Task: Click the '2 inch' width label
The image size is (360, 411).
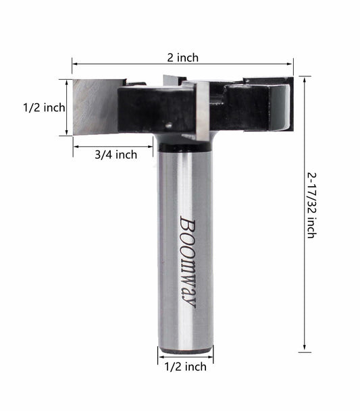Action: click(183, 57)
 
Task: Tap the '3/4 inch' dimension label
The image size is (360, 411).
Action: click(115, 155)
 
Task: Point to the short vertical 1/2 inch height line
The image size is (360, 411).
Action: click(66, 108)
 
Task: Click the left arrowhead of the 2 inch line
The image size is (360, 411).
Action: click(74, 65)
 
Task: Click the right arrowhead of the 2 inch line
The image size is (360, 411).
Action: click(291, 65)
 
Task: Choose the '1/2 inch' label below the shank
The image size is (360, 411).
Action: click(185, 367)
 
